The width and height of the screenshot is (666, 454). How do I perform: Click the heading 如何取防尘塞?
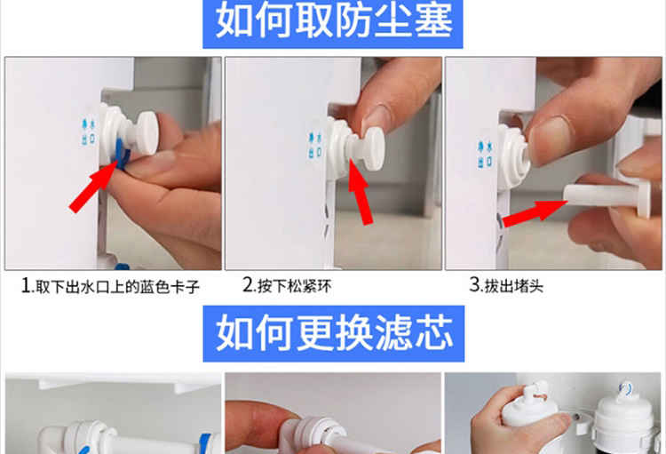tap(333, 20)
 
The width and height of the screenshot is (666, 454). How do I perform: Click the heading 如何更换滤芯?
tap(334, 333)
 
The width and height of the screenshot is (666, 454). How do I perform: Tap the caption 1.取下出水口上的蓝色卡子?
tap(110, 286)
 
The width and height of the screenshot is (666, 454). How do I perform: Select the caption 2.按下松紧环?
tap(287, 285)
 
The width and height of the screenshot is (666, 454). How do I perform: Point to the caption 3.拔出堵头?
tap(506, 285)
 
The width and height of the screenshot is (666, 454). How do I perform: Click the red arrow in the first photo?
tap(92, 187)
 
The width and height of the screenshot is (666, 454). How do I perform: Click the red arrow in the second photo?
tap(361, 190)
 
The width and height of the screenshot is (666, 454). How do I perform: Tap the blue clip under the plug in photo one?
tap(120, 154)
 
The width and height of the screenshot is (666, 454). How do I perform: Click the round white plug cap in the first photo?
tap(147, 132)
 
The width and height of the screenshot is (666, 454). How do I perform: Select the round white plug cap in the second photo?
tap(374, 148)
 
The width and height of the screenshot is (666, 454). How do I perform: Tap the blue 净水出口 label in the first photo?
tap(88, 131)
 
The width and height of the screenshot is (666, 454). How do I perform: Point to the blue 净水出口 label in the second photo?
tap(315, 146)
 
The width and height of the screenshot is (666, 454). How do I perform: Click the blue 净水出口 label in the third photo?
tap(485, 154)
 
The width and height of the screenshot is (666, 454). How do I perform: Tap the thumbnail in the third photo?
tap(551, 139)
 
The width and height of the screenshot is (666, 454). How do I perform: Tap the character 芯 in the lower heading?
tap(434, 333)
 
